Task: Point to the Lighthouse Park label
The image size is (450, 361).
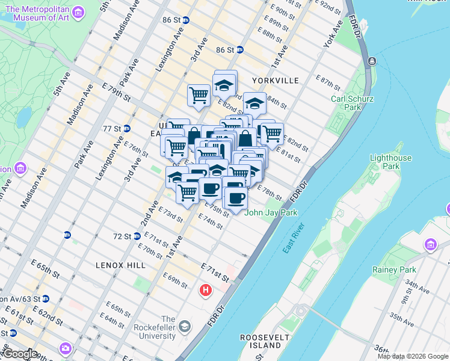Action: tap(391, 162)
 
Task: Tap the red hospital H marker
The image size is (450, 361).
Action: tap(206, 291)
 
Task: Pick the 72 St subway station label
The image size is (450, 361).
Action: tap(124, 236)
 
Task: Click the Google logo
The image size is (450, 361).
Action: tap(19, 354)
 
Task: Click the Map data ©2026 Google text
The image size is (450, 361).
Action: tap(413, 356)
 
